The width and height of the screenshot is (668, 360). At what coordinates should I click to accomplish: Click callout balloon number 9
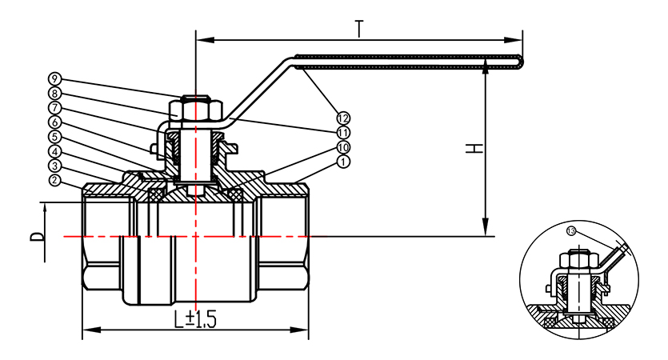click(54, 79)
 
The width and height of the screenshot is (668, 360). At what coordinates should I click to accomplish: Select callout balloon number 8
click(54, 93)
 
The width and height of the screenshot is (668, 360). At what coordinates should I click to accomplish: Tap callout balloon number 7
click(54, 107)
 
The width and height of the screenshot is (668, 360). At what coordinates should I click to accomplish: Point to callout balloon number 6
click(54, 122)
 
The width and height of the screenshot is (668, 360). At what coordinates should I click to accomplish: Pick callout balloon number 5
click(54, 136)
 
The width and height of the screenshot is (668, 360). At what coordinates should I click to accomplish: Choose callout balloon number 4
click(54, 150)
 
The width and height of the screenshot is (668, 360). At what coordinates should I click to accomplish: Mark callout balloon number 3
click(54, 166)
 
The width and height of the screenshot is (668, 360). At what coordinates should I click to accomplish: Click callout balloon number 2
click(54, 180)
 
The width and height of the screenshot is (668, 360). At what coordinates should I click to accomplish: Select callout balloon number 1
click(343, 162)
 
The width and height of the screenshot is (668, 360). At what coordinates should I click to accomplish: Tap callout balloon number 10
click(343, 147)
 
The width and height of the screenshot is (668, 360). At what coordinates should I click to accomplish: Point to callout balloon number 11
click(343, 132)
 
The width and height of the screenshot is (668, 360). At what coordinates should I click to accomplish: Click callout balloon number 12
click(343, 118)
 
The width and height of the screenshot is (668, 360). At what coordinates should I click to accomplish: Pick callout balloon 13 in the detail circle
click(571, 230)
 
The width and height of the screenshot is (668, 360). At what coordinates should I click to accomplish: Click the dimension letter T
click(360, 28)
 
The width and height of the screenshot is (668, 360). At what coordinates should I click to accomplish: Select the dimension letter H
click(474, 149)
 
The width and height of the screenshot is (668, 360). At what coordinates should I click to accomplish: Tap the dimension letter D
click(36, 237)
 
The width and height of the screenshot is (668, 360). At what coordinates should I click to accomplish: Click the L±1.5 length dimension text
click(196, 320)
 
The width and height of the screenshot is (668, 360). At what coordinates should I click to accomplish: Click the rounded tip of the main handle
click(522, 61)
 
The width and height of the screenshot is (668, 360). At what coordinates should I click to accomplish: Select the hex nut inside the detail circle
click(576, 260)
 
